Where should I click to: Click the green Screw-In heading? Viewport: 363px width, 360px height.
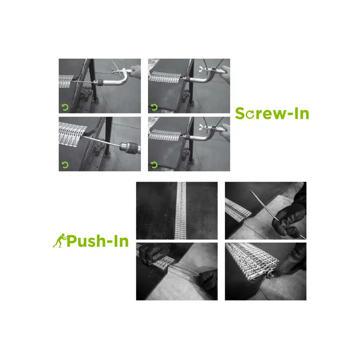(x=272, y=114)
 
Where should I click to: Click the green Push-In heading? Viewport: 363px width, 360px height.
(x=97, y=241)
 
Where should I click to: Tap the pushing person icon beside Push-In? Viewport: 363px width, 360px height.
(x=59, y=241)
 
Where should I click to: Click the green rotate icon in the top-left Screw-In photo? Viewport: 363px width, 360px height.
(x=65, y=107)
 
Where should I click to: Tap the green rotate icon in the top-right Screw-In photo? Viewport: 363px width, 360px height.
(x=154, y=107)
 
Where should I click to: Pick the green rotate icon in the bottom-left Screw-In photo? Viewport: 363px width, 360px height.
(x=65, y=165)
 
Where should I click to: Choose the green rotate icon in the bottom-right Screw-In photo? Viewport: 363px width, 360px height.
(x=154, y=165)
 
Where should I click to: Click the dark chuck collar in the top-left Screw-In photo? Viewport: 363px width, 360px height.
(x=99, y=82)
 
